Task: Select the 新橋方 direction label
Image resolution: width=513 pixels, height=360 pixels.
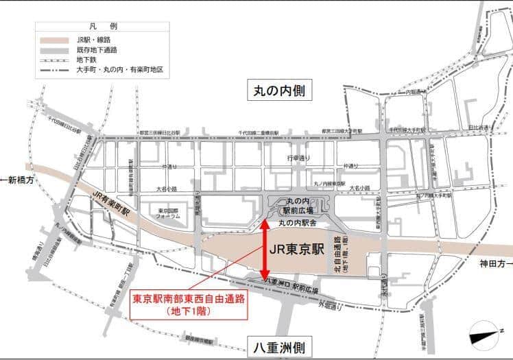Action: click(x=20, y=180)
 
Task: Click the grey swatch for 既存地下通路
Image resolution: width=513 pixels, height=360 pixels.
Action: click(x=56, y=50)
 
